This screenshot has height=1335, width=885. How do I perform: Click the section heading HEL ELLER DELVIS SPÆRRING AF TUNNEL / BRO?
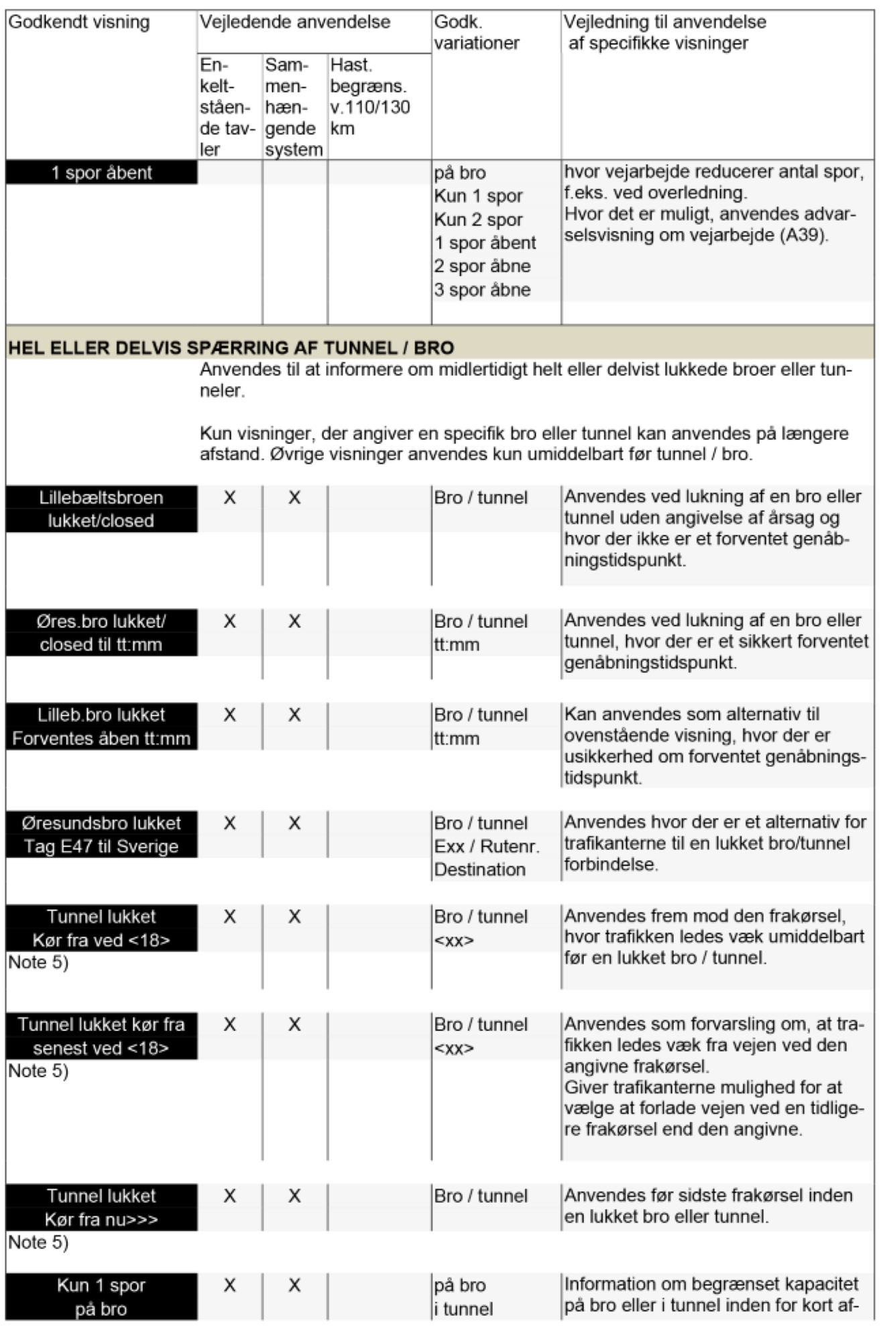[231, 348]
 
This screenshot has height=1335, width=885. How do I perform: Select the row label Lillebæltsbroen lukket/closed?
[101, 509]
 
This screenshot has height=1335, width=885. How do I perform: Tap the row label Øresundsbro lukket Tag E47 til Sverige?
[101, 835]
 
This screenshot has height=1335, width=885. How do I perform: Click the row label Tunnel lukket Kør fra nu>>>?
[101, 1208]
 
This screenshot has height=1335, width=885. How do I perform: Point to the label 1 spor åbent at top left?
[102, 173]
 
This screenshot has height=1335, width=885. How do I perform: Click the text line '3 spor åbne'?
[482, 290]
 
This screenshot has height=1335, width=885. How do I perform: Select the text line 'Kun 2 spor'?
[478, 219]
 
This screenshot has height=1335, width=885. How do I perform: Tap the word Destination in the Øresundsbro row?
[480, 869]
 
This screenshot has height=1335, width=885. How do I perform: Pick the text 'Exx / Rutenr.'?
[487, 846]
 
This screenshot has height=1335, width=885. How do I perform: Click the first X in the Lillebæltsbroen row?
[229, 498]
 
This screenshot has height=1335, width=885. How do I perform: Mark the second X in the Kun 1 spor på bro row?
[294, 1285]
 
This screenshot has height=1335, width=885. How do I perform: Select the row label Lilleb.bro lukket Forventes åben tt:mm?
[101, 727]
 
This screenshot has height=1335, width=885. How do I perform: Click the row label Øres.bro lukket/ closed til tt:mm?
[101, 633]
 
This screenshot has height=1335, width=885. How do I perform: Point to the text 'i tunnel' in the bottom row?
[463, 1309]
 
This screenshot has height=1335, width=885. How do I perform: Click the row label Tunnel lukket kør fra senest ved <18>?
[101, 1036]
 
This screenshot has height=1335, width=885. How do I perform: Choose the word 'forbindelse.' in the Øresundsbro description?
[611, 865]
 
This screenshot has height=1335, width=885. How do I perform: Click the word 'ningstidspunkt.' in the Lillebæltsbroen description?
[625, 560]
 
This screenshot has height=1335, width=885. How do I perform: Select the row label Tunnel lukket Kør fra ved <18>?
[101, 928]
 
